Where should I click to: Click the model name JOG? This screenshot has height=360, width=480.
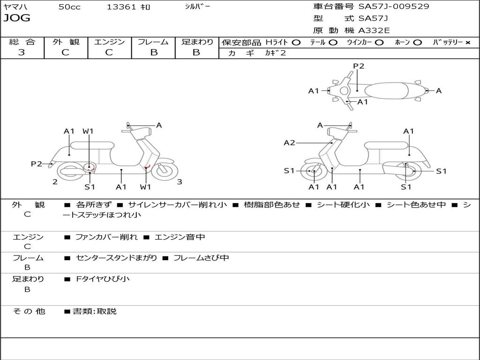tap(17, 18)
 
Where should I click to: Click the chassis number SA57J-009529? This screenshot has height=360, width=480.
tap(394, 7)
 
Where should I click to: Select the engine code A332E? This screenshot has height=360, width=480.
tap(374, 30)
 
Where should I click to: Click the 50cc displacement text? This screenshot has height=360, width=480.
tap(69, 7)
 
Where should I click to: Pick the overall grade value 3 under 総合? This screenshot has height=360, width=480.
tap(22, 52)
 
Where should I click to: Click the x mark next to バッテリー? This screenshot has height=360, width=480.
tap(468, 43)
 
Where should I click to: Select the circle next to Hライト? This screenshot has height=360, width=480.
tap(296, 43)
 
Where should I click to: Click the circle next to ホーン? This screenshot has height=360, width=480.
tap(417, 43)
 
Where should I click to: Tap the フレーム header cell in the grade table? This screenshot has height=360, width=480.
tap(153, 42)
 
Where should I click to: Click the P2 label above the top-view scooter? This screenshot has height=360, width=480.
tap(359, 66)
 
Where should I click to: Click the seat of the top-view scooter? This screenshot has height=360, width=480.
tap(386, 91)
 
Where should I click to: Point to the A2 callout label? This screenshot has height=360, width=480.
tap(289, 142)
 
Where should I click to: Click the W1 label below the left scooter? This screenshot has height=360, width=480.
tap(145, 187)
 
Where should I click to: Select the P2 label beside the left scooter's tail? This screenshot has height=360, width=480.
tap(37, 164)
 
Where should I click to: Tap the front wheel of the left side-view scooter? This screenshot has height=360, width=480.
tap(165, 171)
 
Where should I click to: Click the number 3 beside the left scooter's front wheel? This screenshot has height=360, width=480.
tap(180, 182)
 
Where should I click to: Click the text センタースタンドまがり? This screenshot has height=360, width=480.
tap(116, 258)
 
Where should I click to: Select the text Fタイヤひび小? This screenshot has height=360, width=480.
tap(103, 279)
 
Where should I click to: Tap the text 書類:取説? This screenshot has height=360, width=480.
tap(95, 311)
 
